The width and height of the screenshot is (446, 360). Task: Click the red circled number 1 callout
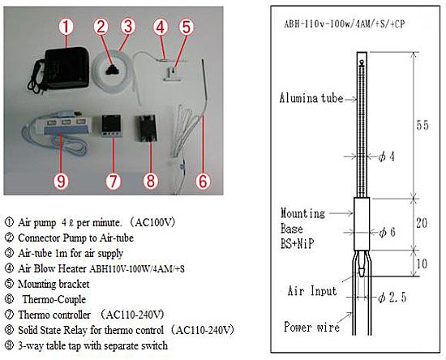click(x=66, y=27)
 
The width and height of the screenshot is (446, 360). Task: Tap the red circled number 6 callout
click(x=203, y=181)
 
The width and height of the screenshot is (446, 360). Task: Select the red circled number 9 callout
click(x=61, y=181)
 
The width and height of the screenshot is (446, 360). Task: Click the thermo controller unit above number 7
click(x=111, y=126)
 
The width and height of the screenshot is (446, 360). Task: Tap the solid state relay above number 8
click(x=147, y=127)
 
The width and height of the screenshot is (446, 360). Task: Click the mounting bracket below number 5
click(x=172, y=74)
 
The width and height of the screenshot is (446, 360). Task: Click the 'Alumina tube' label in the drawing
click(x=311, y=98)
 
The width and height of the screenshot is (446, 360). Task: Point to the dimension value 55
click(x=422, y=125)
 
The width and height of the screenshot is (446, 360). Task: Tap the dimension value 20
click(x=421, y=223)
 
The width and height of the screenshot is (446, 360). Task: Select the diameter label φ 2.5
click(x=392, y=298)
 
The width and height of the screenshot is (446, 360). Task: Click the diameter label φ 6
click(x=387, y=233)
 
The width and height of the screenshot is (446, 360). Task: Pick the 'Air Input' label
click(x=312, y=291)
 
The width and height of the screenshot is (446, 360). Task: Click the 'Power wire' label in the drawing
click(x=311, y=327)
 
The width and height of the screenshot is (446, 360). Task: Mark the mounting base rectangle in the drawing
click(x=362, y=224)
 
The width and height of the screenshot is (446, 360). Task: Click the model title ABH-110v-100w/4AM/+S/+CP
click(x=344, y=24)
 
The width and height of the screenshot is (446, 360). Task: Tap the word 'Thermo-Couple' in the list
click(x=54, y=299)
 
